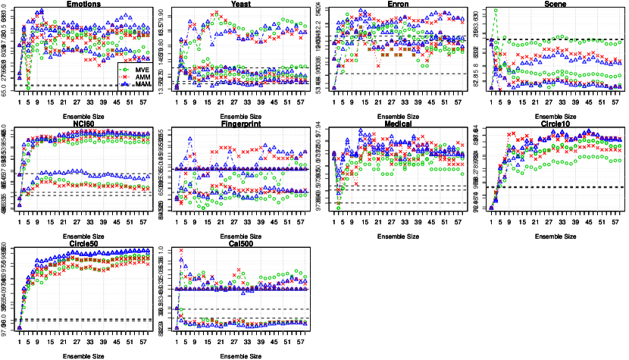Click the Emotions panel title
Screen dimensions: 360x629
[84, 4]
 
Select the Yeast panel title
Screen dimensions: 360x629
[241, 4]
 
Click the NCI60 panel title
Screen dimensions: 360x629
[84, 123]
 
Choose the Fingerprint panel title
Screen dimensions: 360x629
[241, 123]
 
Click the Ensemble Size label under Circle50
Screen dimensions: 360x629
[84, 355]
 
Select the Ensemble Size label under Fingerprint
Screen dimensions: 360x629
[241, 236]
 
